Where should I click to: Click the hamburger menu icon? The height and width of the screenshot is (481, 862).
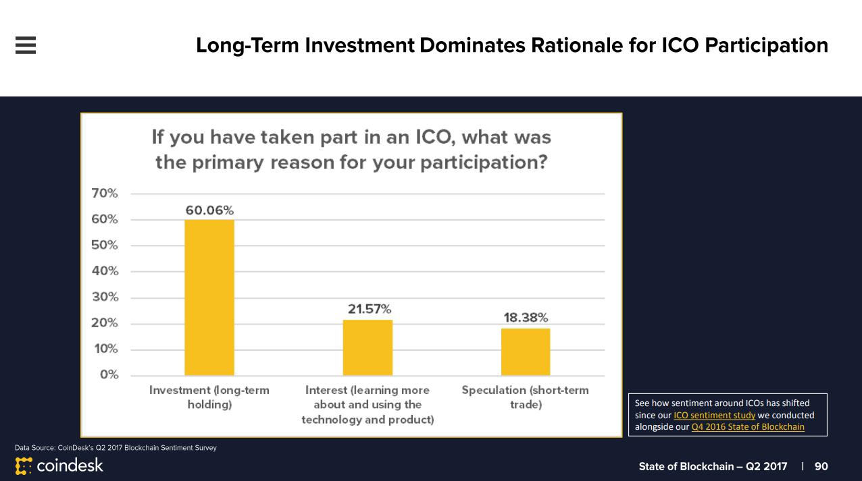tap(26, 45)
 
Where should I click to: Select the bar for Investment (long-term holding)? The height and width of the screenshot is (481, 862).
tap(209, 298)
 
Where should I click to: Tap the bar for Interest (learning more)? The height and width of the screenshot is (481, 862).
tap(367, 347)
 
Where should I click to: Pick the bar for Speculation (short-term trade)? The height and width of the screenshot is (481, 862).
tap(526, 351)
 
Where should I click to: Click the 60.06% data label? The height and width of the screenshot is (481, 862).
tap(209, 210)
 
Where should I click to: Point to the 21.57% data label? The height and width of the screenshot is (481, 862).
tap(369, 309)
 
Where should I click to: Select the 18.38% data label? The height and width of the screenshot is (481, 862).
tap(526, 318)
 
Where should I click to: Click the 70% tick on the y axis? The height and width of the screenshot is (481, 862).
tap(105, 193)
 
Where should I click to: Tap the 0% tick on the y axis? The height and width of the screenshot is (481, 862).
tap(109, 374)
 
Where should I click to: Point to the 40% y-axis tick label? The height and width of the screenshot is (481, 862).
tap(105, 271)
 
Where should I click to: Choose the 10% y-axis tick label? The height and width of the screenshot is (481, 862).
tap(106, 349)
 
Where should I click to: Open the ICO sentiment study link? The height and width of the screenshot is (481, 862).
tap(714, 416)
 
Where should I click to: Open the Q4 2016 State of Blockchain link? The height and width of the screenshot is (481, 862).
tap(748, 427)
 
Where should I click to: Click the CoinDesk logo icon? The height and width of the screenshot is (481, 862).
tap(24, 466)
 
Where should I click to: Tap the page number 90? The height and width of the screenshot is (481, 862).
tap(821, 466)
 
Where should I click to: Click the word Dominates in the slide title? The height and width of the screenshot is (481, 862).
tap(472, 45)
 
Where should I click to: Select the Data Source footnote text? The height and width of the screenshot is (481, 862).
tap(116, 447)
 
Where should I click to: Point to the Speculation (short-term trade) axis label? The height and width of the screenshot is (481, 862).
tap(526, 397)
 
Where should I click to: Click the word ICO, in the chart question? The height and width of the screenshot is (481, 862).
tap(436, 138)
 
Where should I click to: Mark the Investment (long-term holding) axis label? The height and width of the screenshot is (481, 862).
tap(209, 397)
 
